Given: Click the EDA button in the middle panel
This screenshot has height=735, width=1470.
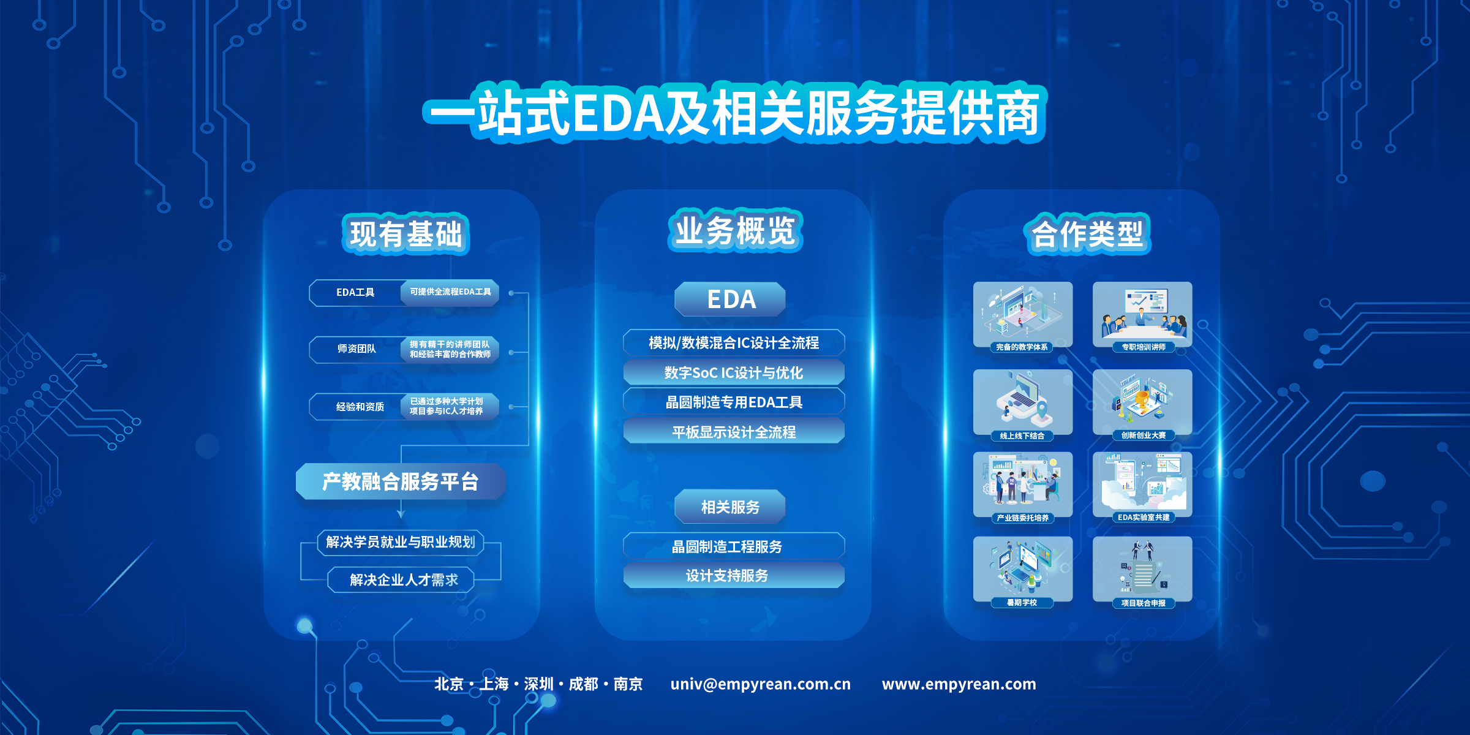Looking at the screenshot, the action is coord(730,300).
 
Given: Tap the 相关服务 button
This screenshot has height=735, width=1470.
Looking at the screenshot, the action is coord(730,507).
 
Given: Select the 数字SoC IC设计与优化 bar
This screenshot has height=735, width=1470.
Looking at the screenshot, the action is coord(734,372).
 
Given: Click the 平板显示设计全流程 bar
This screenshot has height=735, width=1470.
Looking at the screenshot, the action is coord(734,432).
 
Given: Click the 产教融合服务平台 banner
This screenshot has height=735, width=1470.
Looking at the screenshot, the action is coord(401,481).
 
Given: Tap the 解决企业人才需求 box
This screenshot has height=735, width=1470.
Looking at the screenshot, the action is coord(401,579).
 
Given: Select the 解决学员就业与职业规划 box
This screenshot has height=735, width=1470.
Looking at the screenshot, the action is coord(401,542).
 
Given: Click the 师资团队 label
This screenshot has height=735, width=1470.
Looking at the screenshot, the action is coord(356,349).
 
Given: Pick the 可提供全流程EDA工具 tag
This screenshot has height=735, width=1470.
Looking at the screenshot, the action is coord(450,292).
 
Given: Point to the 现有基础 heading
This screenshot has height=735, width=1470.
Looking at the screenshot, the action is coord(405,234).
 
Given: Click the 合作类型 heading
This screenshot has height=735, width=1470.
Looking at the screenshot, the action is coord(1087,234).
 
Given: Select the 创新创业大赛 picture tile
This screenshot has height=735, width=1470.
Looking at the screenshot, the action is coord(1142,402).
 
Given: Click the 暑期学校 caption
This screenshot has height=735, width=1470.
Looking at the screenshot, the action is coord(1022,603).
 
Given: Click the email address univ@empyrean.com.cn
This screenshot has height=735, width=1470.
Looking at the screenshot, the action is coord(760,684).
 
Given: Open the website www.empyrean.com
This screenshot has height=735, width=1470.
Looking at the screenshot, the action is coord(959,684).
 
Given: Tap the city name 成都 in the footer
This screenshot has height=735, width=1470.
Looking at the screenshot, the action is coord(583,684).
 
